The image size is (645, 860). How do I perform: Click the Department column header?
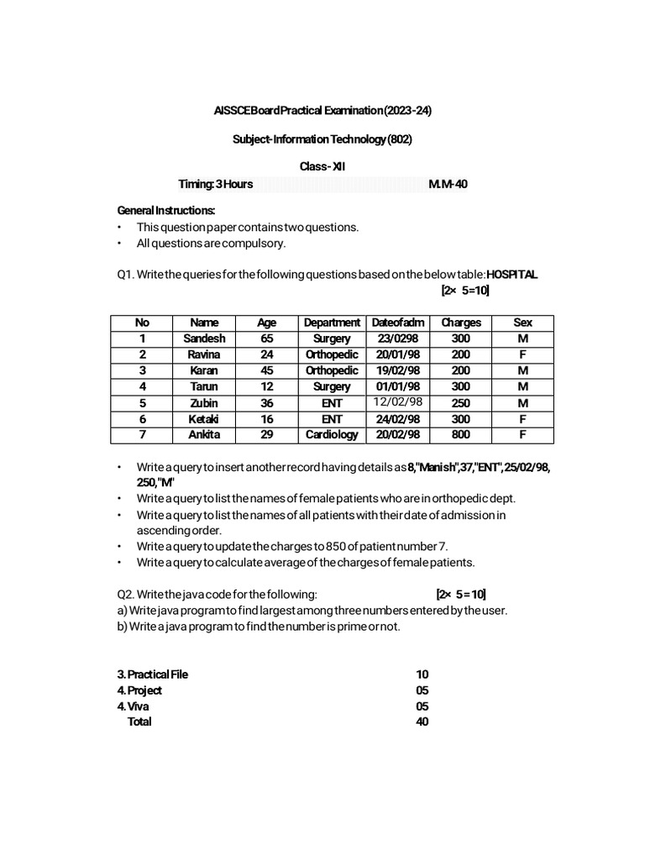click(332, 322)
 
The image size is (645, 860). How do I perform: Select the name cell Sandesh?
click(204, 338)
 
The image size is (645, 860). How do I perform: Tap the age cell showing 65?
click(267, 338)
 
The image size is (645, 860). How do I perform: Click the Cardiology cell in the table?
click(332, 435)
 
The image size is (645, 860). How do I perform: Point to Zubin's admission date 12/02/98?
click(397, 402)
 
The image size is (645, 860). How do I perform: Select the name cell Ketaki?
click(204, 419)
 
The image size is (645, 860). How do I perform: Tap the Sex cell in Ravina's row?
click(522, 354)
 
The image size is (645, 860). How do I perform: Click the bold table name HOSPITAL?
click(512, 275)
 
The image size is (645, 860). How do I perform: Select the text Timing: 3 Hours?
click(215, 184)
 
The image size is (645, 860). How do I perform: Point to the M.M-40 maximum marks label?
click(448, 184)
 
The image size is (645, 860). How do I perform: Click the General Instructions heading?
click(166, 210)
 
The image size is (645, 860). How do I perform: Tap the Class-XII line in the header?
click(322, 166)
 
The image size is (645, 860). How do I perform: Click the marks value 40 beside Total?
click(422, 721)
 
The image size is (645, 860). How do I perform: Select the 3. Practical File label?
click(153, 674)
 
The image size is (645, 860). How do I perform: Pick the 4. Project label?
click(139, 690)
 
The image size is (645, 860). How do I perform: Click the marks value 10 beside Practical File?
click(422, 674)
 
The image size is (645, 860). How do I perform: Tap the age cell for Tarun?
click(267, 386)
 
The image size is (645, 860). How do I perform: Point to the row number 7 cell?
click(142, 435)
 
